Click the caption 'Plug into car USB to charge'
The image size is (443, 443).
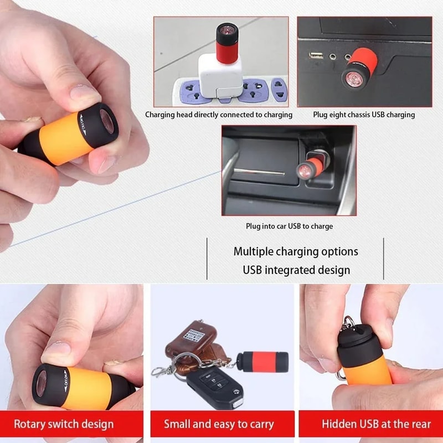[289, 226]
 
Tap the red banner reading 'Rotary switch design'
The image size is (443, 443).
[64, 425]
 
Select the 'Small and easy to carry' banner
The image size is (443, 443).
[219, 425]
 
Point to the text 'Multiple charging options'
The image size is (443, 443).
[296, 251]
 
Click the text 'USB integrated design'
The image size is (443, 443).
[296, 270]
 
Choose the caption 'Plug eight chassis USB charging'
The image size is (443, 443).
[364, 115]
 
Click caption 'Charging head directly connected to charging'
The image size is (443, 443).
[219, 115]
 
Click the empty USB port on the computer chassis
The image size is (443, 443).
[316, 55]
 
